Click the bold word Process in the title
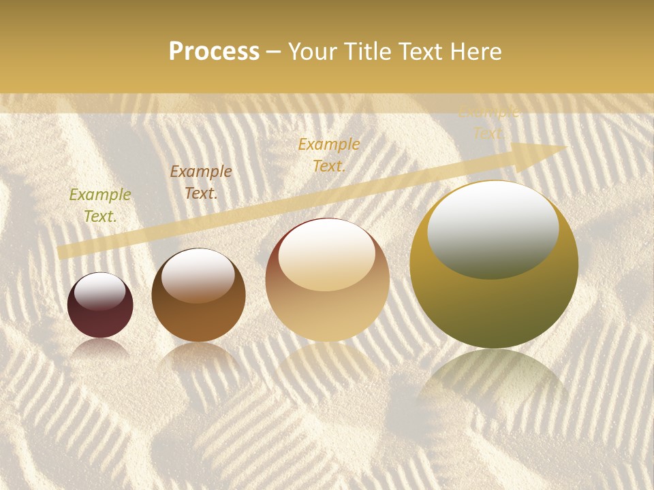(214, 52)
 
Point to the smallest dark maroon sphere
(100, 306)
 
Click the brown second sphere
(198, 295)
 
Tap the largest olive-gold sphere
(494, 265)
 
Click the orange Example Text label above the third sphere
(329, 155)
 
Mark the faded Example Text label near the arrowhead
(488, 122)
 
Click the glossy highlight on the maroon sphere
(100, 291)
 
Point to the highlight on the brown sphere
(198, 274)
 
